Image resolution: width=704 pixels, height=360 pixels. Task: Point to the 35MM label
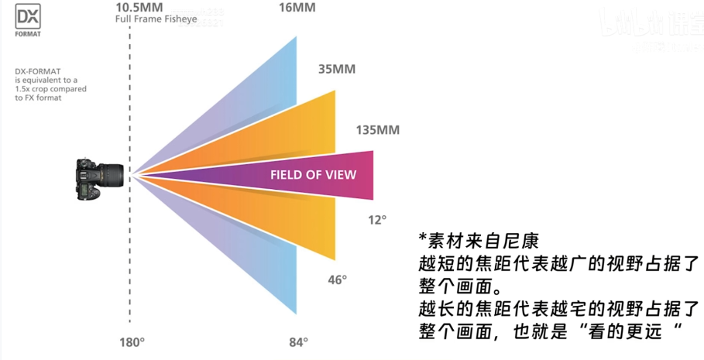336,69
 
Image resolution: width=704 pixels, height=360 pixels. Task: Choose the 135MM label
377,129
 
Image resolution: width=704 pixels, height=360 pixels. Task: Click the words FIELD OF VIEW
313,175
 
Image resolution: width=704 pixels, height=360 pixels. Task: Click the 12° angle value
376,220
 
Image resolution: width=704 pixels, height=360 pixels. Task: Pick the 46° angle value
337,279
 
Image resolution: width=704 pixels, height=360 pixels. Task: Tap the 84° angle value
298,341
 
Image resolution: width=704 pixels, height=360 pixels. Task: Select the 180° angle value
132,341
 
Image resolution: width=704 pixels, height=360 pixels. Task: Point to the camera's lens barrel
115,177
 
